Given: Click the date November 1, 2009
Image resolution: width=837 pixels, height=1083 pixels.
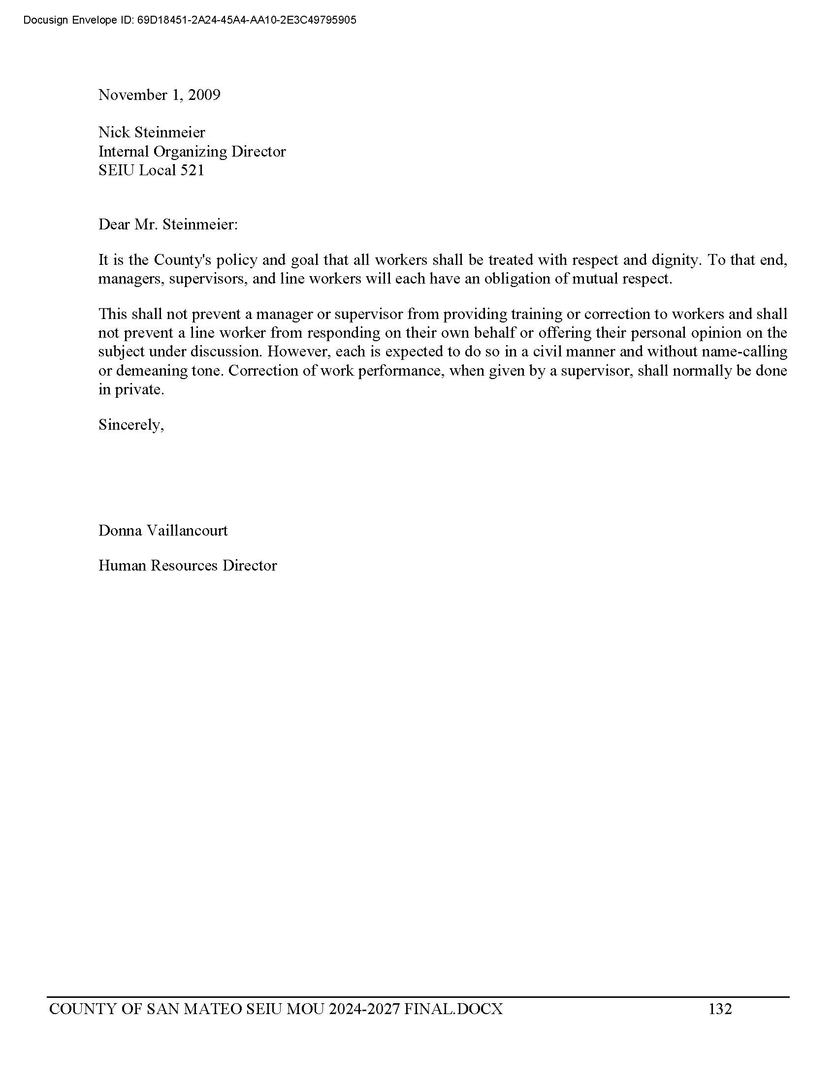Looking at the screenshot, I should (x=159, y=95).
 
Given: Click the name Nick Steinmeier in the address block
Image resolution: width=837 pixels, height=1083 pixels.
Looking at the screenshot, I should (x=151, y=132).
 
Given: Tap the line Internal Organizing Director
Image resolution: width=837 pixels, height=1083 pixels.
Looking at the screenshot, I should (x=192, y=151).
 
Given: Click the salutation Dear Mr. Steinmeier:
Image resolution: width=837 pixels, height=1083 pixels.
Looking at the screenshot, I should (x=168, y=224).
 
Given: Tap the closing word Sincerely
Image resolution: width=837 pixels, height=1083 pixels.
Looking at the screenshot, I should (x=131, y=425).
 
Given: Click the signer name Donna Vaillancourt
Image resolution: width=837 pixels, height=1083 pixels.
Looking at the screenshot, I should (x=163, y=531).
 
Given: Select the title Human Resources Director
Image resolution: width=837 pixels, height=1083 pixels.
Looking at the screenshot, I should (x=188, y=566).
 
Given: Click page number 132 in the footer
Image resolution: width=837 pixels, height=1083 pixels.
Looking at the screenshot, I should (x=720, y=1009).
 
